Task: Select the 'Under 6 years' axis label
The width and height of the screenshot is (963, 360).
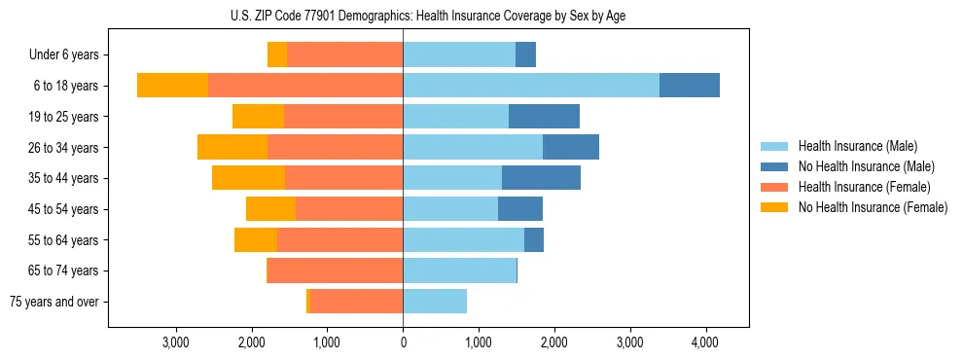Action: (x=69, y=55)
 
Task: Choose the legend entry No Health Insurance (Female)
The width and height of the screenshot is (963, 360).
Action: (x=872, y=207)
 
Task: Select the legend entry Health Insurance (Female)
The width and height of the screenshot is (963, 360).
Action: (x=864, y=187)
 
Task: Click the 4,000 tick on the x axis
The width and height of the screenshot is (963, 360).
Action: (x=705, y=342)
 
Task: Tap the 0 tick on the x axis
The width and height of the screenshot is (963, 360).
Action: (x=403, y=342)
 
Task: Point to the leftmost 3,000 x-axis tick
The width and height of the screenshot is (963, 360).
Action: (x=176, y=342)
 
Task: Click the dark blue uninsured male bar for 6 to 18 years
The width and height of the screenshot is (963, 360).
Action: (x=690, y=86)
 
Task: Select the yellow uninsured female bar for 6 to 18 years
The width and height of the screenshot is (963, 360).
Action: (x=172, y=86)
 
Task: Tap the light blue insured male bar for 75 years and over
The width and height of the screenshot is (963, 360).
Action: (x=435, y=302)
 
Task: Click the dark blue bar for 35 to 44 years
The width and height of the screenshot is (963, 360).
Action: (x=541, y=178)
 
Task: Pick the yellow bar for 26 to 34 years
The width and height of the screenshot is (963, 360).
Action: (x=232, y=147)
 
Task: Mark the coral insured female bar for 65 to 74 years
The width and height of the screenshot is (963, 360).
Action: (x=335, y=270)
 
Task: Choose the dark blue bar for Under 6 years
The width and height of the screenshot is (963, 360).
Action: (x=525, y=55)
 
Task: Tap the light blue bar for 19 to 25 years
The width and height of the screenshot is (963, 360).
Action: (x=455, y=117)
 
